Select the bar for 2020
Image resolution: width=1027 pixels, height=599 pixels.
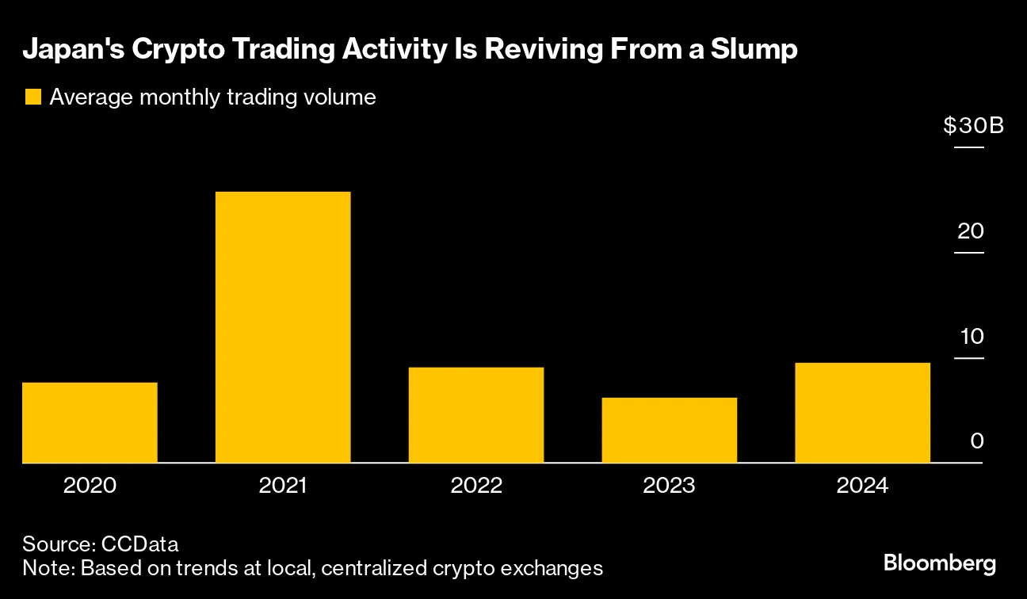point(90,422)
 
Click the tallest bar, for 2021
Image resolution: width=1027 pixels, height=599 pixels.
point(283,327)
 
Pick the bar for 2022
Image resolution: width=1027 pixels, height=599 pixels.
point(476,414)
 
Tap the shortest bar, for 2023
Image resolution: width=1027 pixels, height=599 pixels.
point(670,429)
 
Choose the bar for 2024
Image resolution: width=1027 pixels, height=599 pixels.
point(862,412)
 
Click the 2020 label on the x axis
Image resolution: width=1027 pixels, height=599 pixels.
point(90,485)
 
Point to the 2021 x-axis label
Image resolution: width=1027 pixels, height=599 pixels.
point(283,485)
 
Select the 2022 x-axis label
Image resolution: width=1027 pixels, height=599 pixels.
point(476,485)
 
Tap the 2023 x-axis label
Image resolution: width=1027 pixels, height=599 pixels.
point(670,485)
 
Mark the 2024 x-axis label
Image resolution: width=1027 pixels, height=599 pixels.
point(862,485)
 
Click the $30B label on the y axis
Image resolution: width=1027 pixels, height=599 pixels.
point(974,126)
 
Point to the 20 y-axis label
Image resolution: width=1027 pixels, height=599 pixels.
point(970,231)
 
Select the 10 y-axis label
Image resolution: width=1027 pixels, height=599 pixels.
point(971,336)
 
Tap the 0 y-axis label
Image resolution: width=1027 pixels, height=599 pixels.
point(976,441)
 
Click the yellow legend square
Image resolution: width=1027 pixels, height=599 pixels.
point(32,97)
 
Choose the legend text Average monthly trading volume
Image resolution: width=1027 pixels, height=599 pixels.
point(212,97)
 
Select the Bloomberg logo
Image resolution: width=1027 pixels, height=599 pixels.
point(939,564)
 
